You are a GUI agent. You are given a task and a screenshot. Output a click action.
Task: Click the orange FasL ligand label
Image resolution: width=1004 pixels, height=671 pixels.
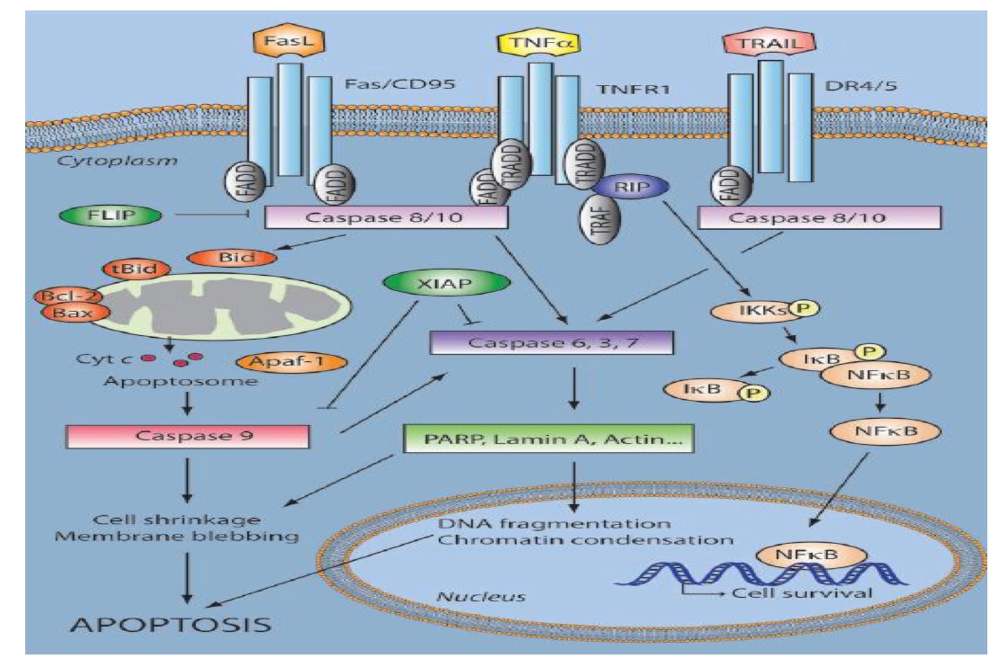pos(288,41)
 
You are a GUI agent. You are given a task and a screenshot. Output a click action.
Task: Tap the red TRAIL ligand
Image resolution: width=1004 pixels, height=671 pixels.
pos(769,44)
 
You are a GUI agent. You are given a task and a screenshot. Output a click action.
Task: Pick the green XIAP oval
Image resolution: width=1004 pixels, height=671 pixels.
pos(445,283)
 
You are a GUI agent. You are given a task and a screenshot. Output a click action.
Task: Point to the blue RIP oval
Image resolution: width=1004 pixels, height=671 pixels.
pos(631,188)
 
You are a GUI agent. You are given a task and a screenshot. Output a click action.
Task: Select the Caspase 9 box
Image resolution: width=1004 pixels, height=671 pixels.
pos(188,436)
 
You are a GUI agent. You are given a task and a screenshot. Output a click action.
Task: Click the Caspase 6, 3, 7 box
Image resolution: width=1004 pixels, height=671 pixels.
pos(552,342)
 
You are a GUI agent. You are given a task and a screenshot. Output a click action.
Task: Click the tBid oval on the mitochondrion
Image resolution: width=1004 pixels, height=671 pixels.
pos(137,269)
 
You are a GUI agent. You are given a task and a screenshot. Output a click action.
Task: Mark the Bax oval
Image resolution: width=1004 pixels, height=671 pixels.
pos(73,313)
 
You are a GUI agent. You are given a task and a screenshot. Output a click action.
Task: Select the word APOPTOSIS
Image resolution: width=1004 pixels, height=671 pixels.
pos(171,624)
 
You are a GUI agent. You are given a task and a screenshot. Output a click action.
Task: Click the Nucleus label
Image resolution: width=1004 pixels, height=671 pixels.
pos(480,597)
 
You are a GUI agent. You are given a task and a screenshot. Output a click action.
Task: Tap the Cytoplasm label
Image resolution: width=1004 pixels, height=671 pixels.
pos(117,161)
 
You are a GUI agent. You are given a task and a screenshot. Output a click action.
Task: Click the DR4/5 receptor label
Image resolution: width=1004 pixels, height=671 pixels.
pos(860,86)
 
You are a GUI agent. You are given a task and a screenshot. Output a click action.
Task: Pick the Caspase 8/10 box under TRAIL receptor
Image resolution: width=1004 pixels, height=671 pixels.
pos(819,218)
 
